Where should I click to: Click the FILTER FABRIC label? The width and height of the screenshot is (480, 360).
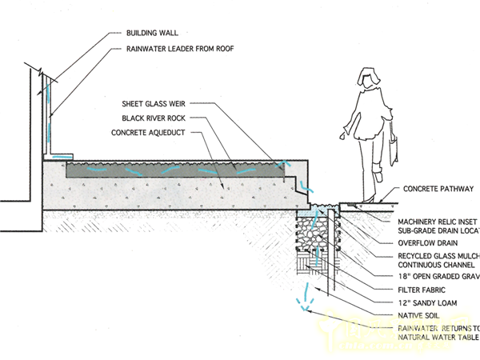tap(423, 289)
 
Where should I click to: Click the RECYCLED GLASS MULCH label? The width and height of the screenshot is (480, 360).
tap(438, 255)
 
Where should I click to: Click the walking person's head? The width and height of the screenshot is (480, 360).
tap(369, 80)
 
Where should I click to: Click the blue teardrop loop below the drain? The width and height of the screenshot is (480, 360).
tap(302, 298)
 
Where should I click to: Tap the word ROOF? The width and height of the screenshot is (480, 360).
tap(230, 50)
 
